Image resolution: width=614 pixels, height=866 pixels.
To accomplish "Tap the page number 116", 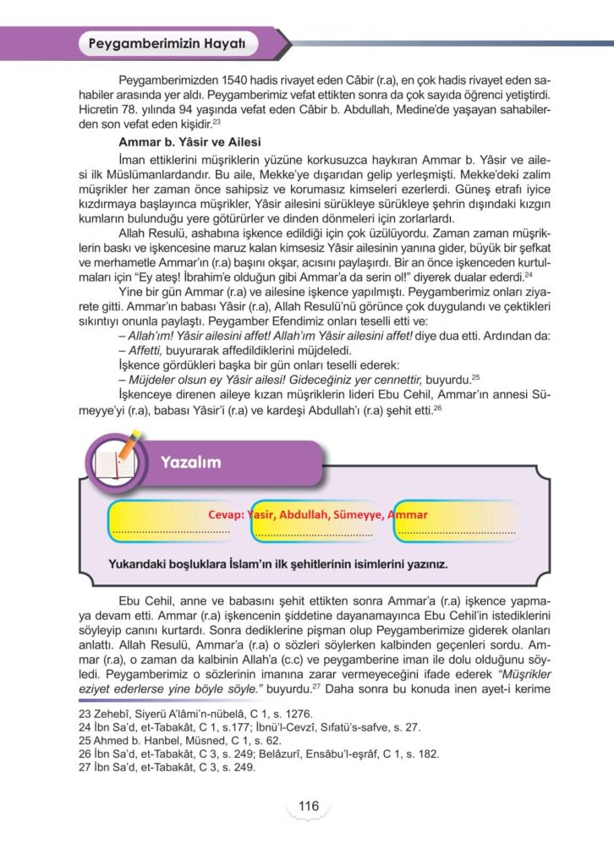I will tap(308, 806).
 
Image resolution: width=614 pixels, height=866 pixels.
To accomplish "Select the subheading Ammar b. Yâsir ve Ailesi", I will tap(190, 141).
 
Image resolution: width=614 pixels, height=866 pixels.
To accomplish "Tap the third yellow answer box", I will tap(456, 519).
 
